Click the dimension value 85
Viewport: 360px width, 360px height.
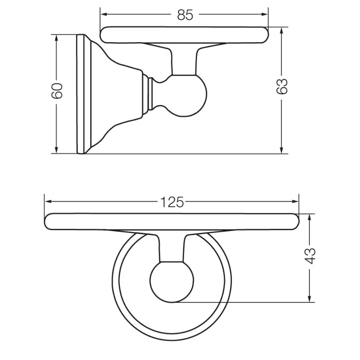tap(185, 15)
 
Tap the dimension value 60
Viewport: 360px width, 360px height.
tap(57, 91)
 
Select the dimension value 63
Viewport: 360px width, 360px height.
tap(282, 86)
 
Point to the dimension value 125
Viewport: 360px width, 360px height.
tap(172, 202)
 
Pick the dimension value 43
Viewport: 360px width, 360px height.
tap(310, 256)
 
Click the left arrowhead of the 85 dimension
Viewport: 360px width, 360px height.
tap(104, 14)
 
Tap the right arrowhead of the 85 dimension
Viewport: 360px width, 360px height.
tap(264, 14)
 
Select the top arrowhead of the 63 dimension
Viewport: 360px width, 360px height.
tap(282, 31)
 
